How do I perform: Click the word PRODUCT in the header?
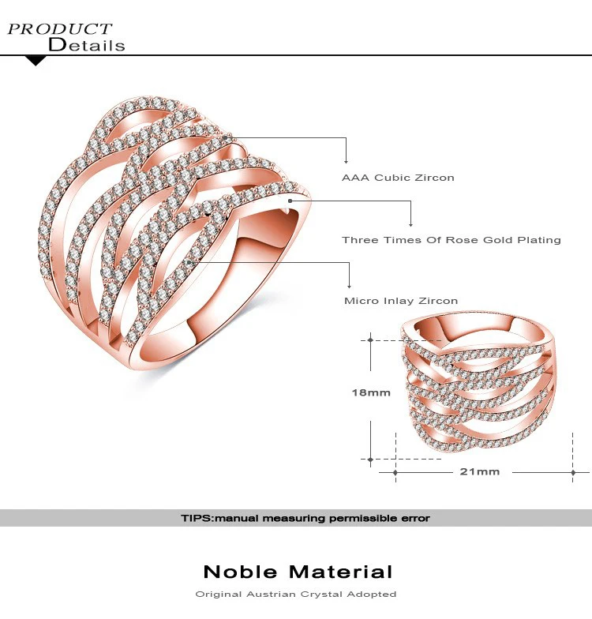60,28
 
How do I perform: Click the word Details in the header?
87,44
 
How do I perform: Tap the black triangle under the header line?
36,61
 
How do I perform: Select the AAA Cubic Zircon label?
398,178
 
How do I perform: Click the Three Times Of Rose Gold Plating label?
451,240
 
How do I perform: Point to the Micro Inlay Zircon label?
401,301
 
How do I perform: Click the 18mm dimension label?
371,392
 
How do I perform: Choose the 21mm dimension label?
480,471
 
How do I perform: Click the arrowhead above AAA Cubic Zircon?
346,161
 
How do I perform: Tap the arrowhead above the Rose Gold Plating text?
410,224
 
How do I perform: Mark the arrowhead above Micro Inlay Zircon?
349,286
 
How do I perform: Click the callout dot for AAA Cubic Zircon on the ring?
225,137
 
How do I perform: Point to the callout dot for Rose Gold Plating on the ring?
290,201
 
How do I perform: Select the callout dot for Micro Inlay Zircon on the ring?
189,262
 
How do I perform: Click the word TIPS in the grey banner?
197,518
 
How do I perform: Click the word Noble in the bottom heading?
240,572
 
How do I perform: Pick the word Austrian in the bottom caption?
271,594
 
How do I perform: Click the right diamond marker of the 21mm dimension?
573,472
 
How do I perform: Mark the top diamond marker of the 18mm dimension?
370,340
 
